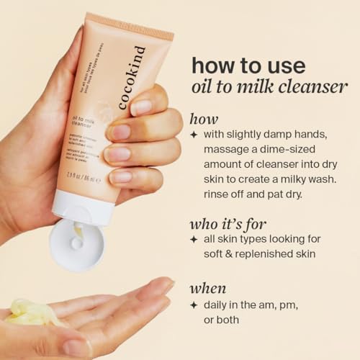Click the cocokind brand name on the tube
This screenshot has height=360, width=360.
click(x=132, y=78)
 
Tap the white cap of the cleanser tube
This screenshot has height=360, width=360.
click(x=78, y=241)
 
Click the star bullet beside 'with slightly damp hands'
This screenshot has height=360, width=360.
click(x=194, y=134)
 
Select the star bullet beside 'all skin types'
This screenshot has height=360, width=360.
click(x=194, y=239)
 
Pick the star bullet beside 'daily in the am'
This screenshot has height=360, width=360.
click(x=194, y=305)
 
